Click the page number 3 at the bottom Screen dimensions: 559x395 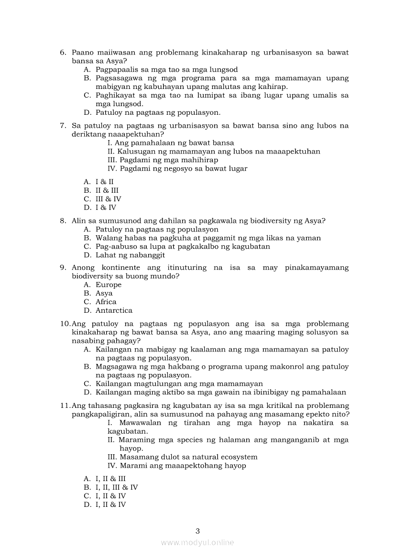pyautogui.click(x=197, y=531)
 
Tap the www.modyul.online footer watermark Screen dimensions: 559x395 pyautogui.click(x=197, y=542)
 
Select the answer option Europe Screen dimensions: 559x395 pyautogui.click(x=109, y=285)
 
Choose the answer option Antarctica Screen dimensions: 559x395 pyautogui.click(x=114, y=311)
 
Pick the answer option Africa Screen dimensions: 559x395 pyautogui.click(x=106, y=302)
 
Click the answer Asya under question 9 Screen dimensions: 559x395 pyautogui.click(x=104, y=294)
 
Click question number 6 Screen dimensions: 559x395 pyautogui.click(x=63, y=52)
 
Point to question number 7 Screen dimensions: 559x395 pyautogui.click(x=63, y=126)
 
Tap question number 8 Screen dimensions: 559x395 pyautogui.click(x=63, y=221)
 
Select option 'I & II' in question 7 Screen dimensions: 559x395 pyautogui.click(x=105, y=182)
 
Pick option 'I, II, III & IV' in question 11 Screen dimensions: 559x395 pyautogui.click(x=117, y=488)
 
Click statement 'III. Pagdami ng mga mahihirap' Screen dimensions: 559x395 pyautogui.click(x=163, y=160)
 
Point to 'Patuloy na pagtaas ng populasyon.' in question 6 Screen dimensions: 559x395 pyautogui.click(x=158, y=113)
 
